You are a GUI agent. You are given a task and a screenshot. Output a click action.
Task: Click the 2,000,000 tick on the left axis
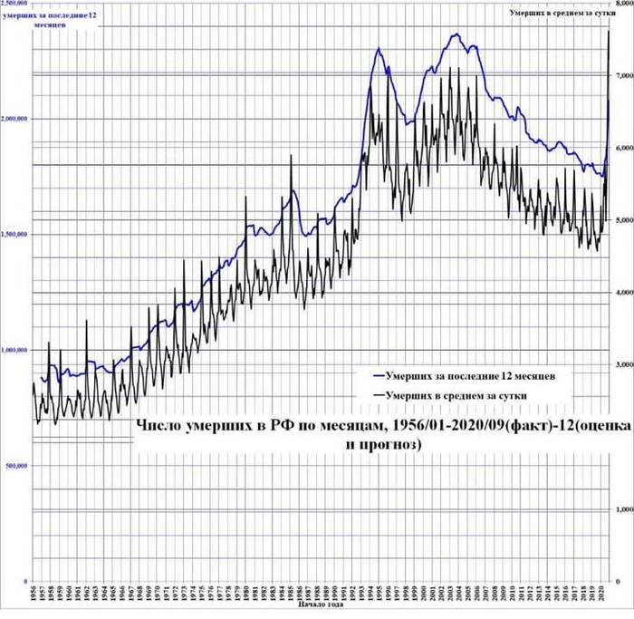pos(14,119)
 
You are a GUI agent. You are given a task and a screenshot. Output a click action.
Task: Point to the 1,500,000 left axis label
pos(14,234)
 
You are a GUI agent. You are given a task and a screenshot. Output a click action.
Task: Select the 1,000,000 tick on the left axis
pos(14,350)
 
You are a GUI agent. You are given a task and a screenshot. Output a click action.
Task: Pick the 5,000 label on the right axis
pos(623,220)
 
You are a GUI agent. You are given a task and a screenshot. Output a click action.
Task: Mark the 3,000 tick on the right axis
pos(623,364)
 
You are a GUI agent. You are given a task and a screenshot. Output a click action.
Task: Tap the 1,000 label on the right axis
pos(623,508)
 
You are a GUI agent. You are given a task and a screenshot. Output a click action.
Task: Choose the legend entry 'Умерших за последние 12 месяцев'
pos(470,374)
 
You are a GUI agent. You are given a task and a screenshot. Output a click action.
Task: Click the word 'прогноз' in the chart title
pos(389,445)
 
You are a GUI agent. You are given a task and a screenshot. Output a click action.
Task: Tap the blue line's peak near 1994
pos(377,48)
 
